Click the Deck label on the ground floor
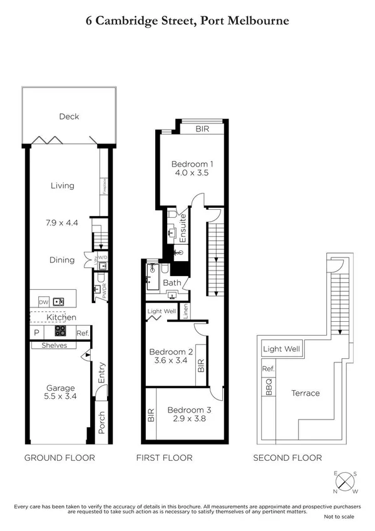tap(69, 116)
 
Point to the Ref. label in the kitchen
tap(83, 333)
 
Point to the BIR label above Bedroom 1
tap(201, 129)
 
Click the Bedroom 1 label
tap(192, 165)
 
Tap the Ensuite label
tap(183, 229)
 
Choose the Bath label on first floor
tap(172, 282)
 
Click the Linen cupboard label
tap(187, 311)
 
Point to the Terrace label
tap(305, 393)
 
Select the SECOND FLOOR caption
tap(287, 458)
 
